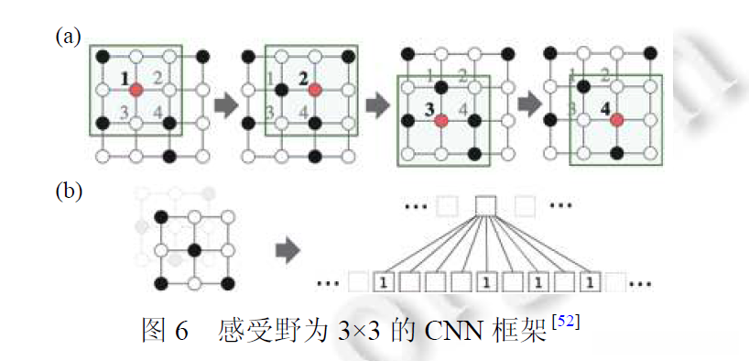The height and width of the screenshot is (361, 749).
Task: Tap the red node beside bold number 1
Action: click(136, 90)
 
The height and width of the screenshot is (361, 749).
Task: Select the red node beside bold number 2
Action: click(314, 90)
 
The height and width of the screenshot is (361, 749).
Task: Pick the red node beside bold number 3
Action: click(441, 120)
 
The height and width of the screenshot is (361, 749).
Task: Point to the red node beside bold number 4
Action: click(617, 120)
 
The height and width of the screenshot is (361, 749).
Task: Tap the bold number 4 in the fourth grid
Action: click(603, 110)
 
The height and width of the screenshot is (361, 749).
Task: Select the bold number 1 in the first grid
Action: click(124, 80)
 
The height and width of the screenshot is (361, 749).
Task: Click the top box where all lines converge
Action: click(485, 203)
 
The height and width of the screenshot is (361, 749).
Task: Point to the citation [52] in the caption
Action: click(566, 320)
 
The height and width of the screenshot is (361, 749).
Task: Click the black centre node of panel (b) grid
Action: click(195, 249)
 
